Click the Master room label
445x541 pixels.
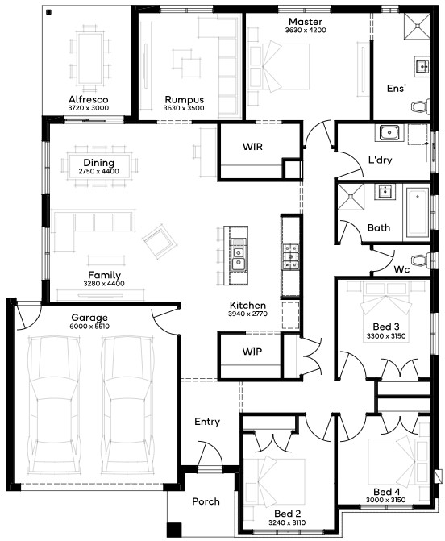306,22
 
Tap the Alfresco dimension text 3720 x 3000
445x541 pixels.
89,108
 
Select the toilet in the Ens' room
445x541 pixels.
421,106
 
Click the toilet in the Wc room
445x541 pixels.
422,260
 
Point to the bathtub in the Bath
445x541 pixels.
417,212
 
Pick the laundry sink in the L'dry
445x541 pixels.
389,132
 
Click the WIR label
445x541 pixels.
252,146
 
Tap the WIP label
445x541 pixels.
252,352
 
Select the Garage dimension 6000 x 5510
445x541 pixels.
89,327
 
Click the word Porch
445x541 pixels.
206,501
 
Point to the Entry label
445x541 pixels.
207,422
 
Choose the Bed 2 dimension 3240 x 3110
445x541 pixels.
287,522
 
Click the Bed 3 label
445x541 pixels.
386,327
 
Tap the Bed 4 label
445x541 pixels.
387,492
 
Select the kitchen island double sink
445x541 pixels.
239,258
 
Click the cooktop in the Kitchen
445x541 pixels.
290,256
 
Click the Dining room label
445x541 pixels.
98,163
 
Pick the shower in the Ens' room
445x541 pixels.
417,26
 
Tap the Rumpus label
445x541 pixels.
185,100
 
